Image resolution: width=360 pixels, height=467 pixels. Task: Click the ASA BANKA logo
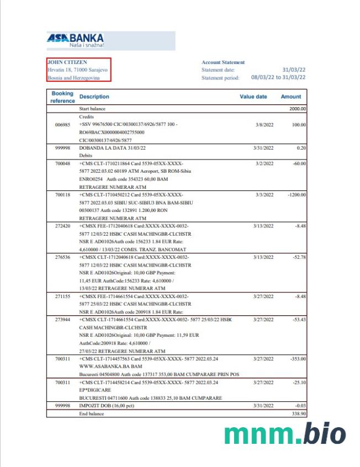click(76, 40)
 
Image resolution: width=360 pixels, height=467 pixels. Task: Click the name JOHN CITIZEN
click(67, 62)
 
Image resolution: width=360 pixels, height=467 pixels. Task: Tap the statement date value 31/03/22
click(294, 70)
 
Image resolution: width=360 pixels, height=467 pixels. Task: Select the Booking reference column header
click(62, 97)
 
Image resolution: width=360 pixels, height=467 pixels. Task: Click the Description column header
click(94, 97)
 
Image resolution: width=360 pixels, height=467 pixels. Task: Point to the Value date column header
click(253, 97)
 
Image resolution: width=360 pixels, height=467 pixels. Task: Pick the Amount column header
click(291, 97)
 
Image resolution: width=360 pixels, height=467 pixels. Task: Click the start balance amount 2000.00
click(298, 109)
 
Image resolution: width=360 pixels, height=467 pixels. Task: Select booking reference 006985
click(62, 125)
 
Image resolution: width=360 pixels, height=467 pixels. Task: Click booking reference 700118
click(62, 195)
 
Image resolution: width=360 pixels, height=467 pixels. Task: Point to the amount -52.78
click(298, 257)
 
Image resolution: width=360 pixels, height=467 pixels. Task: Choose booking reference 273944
click(62, 320)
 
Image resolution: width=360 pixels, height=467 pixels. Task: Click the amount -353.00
click(297, 358)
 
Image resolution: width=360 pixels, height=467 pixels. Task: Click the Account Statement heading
click(223, 62)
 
